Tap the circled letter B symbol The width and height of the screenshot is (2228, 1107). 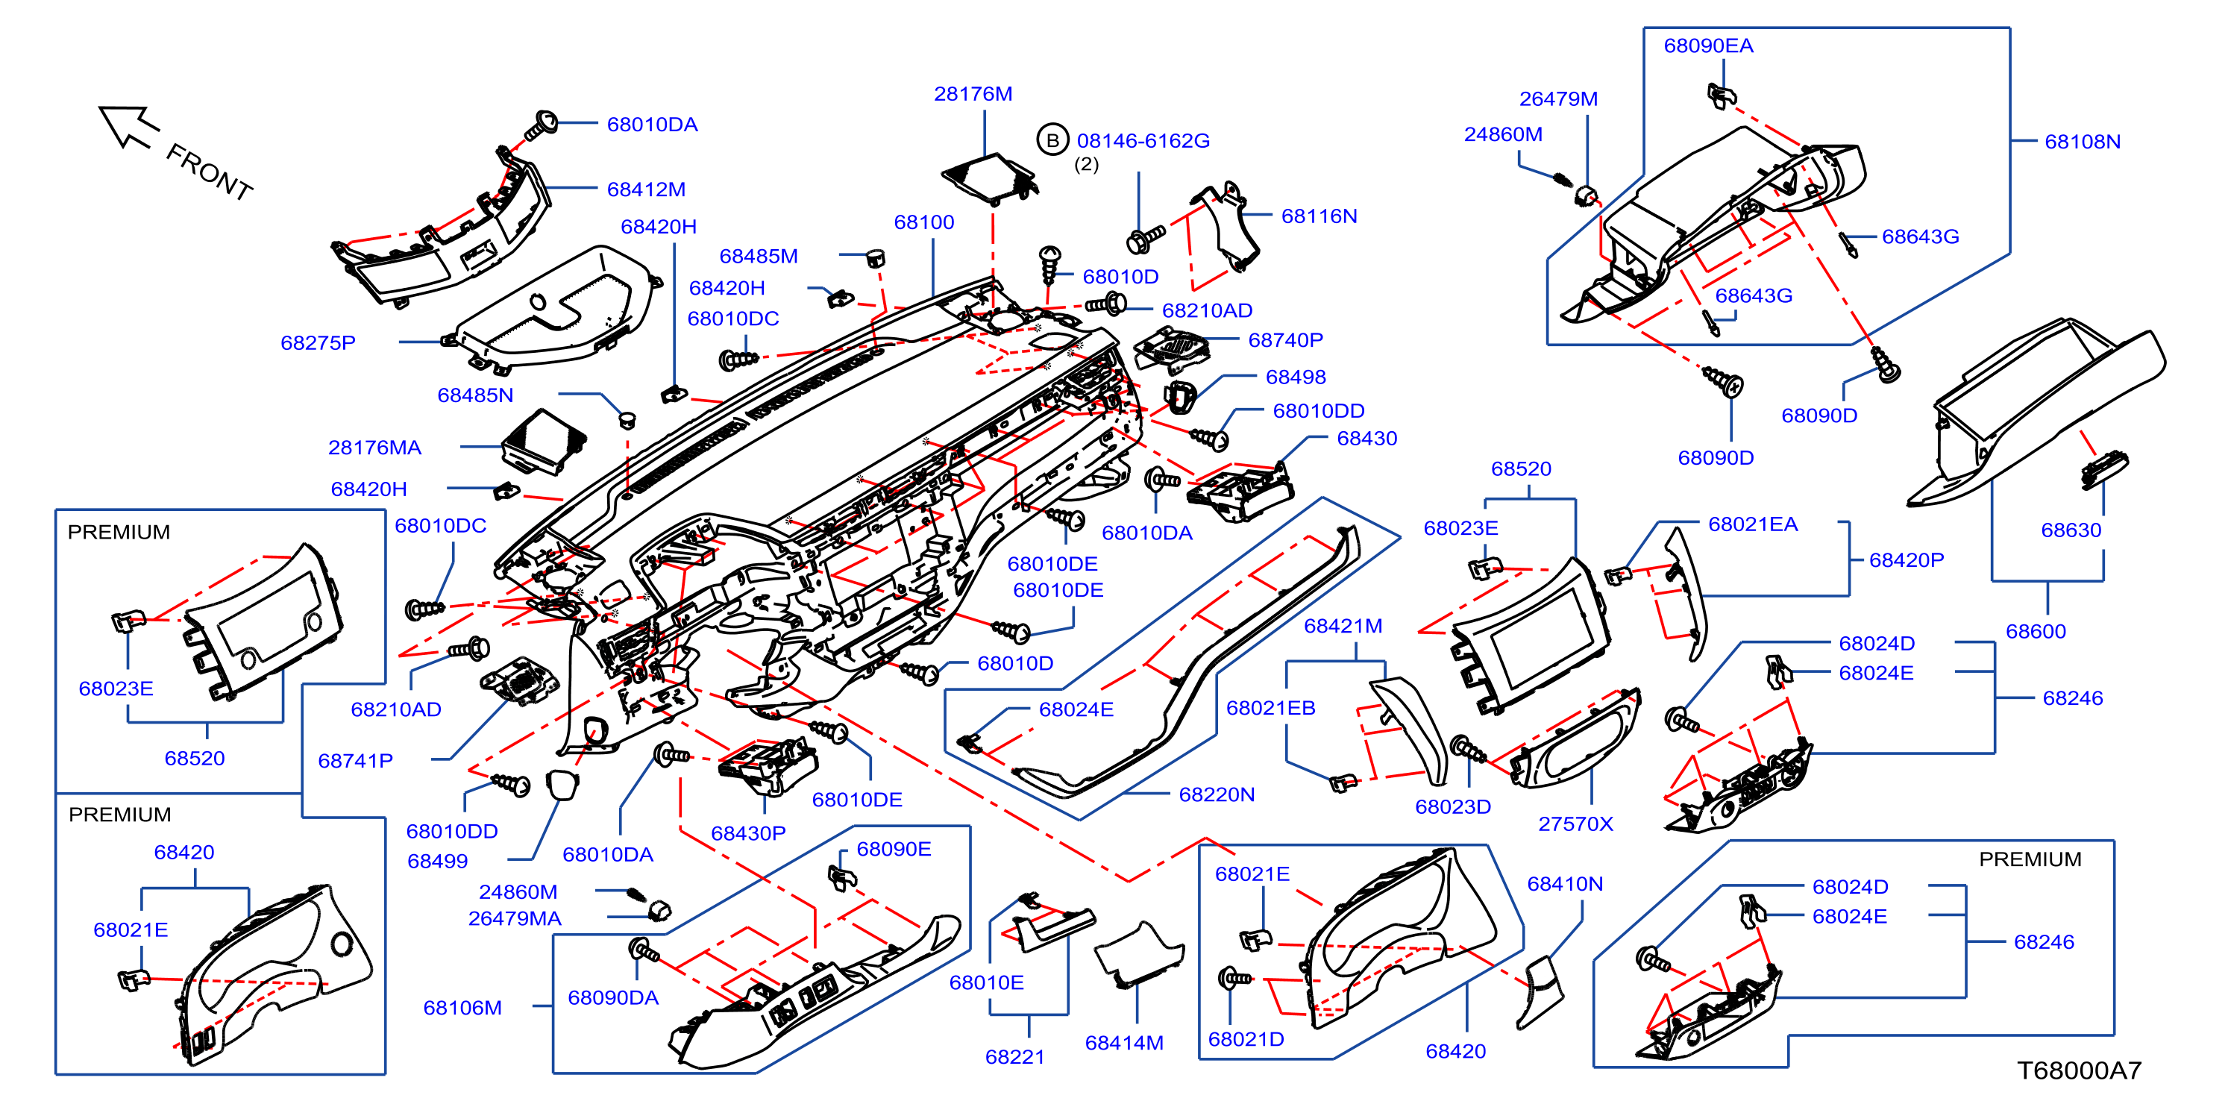coord(1052,140)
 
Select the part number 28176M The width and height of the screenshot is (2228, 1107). coord(973,93)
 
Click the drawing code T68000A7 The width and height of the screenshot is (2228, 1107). coord(2080,1070)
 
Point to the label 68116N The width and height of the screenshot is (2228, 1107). coord(1319,216)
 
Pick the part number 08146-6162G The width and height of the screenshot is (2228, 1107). coord(1143,140)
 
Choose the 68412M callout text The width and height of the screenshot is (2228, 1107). coord(646,189)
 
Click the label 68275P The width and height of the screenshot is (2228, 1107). coord(318,342)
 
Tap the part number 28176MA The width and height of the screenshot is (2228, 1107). coord(374,447)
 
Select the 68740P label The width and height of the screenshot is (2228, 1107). coord(1285,340)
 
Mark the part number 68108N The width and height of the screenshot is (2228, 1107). coord(2083,141)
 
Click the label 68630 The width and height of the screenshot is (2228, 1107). coord(2071,530)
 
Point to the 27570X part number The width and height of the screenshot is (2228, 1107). coord(1575,824)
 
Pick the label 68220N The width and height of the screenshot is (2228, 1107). coord(1216,794)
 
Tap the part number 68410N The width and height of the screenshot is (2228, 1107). coord(1565,884)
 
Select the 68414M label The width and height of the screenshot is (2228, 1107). coord(1123,1043)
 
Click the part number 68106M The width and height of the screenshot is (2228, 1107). coord(462,1008)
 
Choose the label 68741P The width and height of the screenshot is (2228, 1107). coord(356,760)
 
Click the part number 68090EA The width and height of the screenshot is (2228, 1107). coord(1708,46)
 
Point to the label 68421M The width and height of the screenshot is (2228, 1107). coord(1343,625)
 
